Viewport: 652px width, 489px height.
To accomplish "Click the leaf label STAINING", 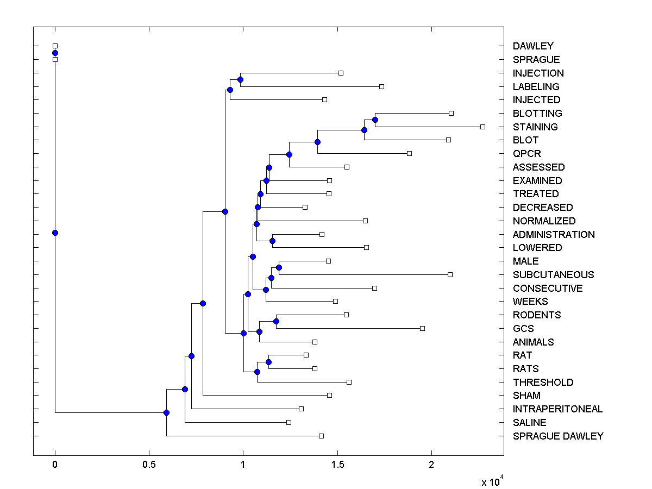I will (535, 127).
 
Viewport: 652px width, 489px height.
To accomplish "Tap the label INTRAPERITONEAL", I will (557, 409).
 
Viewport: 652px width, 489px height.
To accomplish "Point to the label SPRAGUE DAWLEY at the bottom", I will (558, 436).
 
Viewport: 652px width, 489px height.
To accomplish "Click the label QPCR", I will (526, 154).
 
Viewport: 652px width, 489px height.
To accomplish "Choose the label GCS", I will (523, 329).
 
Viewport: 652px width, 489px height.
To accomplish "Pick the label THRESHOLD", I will (543, 383).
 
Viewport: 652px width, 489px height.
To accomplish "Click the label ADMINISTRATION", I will (554, 235).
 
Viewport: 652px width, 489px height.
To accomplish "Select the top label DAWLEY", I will (533, 46).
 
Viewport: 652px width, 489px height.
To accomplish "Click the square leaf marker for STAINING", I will (482, 127).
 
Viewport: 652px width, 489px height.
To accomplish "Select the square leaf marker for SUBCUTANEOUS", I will (450, 274).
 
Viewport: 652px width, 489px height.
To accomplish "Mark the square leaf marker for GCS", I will (422, 328).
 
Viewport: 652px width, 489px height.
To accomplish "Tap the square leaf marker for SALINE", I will (289, 422).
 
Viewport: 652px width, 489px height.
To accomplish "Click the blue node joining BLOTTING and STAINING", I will (375, 120).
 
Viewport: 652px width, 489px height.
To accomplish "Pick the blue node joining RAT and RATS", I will (268, 362).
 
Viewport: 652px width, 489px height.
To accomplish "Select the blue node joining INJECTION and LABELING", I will (240, 79).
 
